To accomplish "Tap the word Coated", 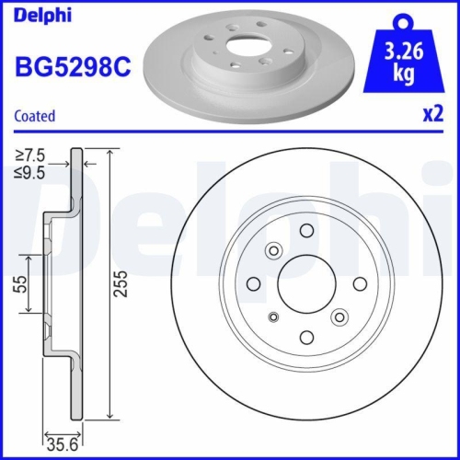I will (x=36, y=116).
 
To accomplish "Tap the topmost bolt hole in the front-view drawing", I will (x=306, y=231).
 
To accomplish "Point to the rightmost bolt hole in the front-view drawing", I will (x=356, y=282).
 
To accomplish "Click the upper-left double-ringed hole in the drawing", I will (x=272, y=250).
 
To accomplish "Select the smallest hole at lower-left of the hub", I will (x=271, y=317).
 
